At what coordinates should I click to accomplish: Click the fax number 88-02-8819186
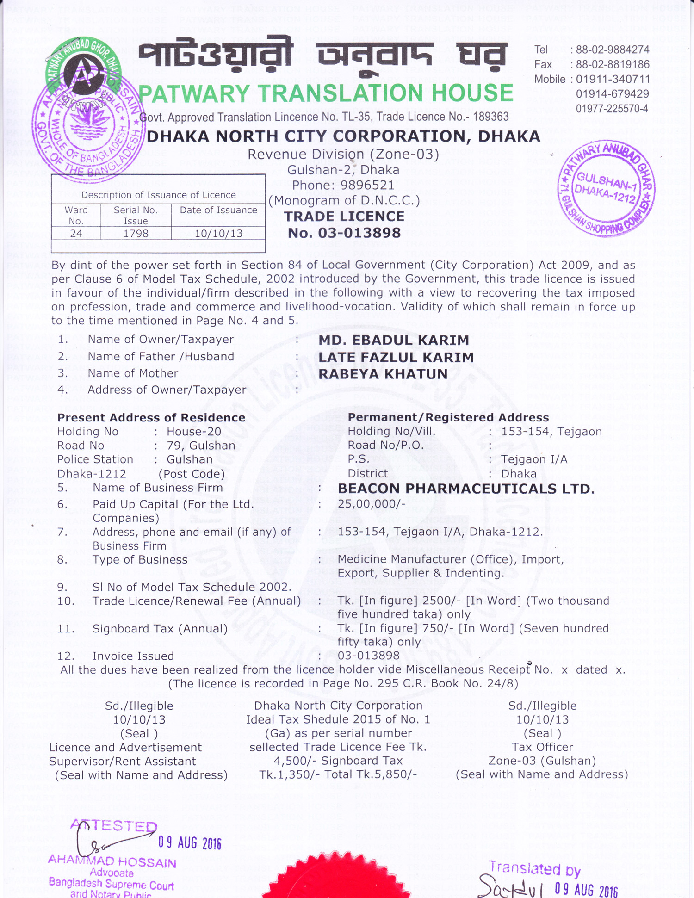pos(613,64)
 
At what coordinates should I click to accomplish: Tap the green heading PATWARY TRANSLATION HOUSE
pos(326,93)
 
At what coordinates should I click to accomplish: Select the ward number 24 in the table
pos(76,234)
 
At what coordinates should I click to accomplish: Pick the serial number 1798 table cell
pos(136,234)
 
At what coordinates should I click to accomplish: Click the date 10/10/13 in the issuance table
pos(218,234)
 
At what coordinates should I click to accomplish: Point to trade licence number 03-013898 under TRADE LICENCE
pos(344,233)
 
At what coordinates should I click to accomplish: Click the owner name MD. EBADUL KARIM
pos(394,341)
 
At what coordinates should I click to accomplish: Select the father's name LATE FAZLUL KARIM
pos(396,357)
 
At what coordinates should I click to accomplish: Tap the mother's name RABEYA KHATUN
pos(383,374)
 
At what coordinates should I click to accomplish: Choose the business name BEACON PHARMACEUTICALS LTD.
pos(466,489)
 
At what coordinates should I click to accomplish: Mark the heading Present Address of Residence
pos(151,418)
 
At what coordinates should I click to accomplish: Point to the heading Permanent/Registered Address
pos(448,417)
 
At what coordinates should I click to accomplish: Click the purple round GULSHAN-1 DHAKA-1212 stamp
pos(607,188)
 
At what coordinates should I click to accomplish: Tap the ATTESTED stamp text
pos(115,826)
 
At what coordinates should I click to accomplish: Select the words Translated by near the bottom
pos(534,869)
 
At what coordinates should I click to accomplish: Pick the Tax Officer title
pos(542,747)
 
